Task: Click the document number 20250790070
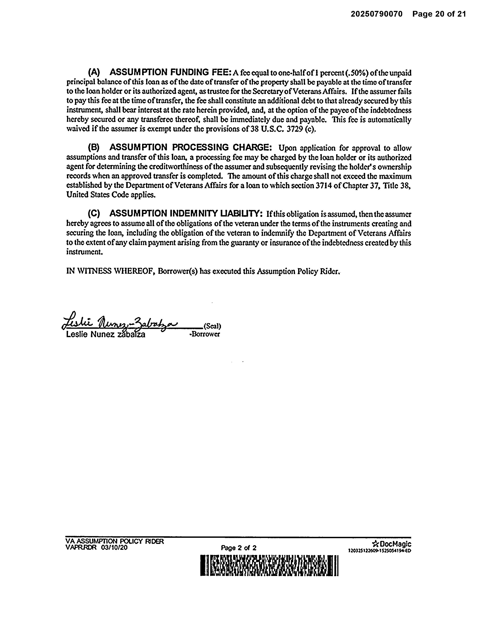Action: (x=376, y=14)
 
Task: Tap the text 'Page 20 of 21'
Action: (x=439, y=14)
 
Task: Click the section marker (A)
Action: (x=94, y=72)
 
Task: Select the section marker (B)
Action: (x=94, y=147)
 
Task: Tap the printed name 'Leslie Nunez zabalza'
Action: (x=106, y=335)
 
